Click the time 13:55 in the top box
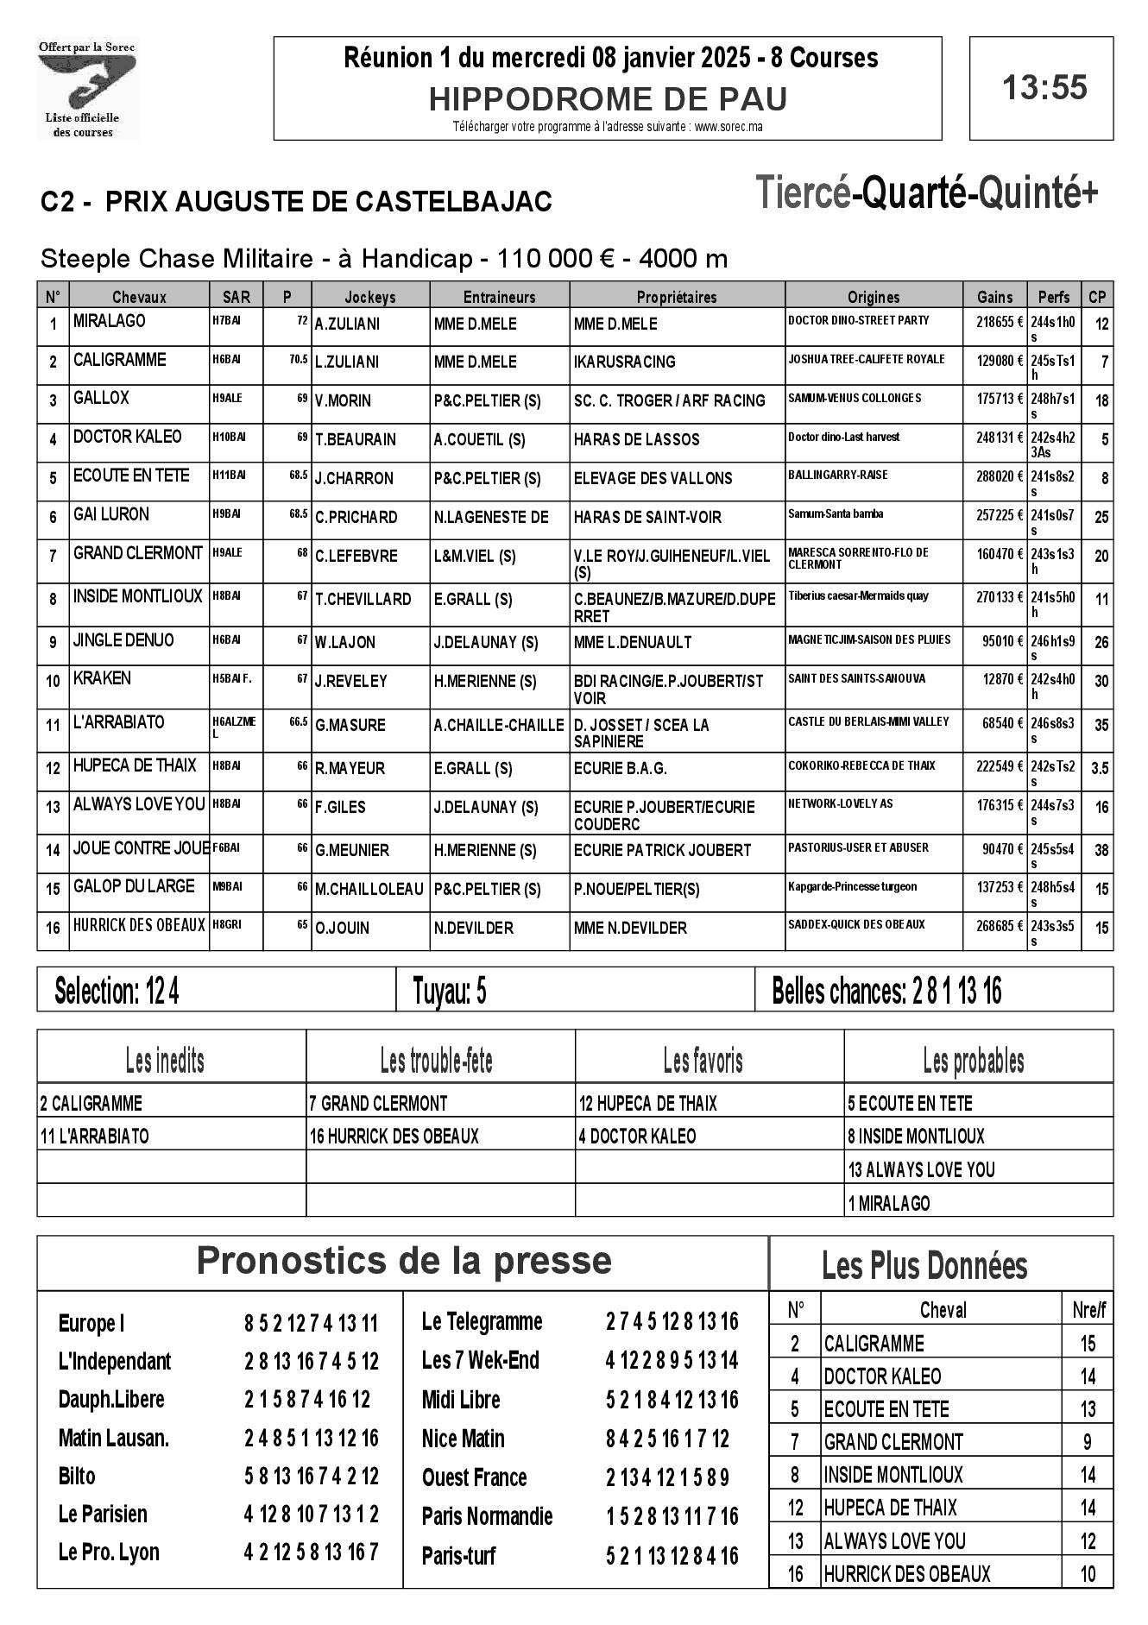(1044, 88)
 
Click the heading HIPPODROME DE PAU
(608, 100)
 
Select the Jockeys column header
(369, 297)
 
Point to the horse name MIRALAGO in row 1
(110, 321)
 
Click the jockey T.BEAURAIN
(356, 439)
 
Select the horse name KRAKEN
(102, 678)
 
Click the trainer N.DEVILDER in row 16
(474, 928)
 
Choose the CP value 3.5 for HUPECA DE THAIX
(1099, 767)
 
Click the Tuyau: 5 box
(450, 992)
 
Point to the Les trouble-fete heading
(437, 1060)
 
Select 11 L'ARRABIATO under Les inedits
(95, 1137)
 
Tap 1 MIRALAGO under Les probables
(889, 1203)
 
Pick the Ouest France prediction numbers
(667, 1477)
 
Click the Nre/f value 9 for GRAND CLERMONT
(1087, 1441)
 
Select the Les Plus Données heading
(924, 1266)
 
